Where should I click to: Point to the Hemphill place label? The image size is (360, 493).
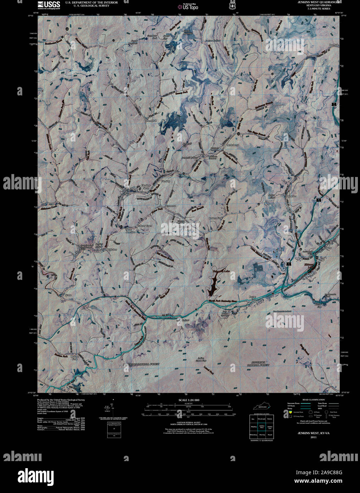point(151,121)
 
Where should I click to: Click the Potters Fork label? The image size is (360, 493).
point(215,218)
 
